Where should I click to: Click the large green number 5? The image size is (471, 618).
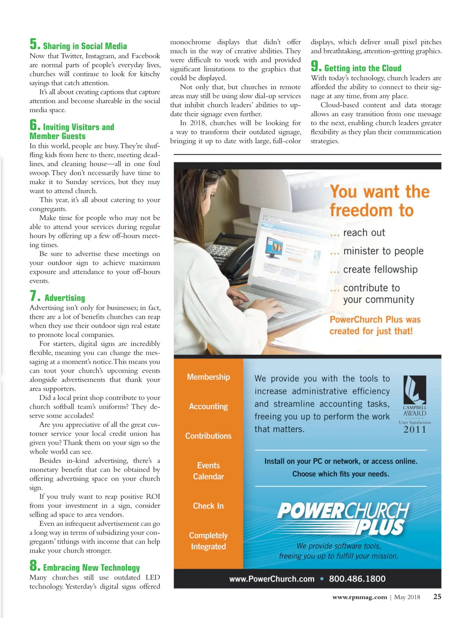[34, 44]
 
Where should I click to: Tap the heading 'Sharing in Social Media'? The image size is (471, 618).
[85, 46]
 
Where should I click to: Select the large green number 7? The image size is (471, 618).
[34, 295]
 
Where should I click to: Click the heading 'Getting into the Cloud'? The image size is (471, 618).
[363, 68]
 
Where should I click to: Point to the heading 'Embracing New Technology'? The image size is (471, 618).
[91, 568]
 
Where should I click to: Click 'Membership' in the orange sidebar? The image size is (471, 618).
[208, 377]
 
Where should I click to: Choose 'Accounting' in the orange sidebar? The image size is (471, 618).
[208, 407]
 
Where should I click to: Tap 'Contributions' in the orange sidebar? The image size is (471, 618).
[208, 436]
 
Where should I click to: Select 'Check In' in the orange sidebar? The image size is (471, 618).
[208, 506]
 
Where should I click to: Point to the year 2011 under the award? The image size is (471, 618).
[414, 430]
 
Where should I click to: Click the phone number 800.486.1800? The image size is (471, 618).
[357, 579]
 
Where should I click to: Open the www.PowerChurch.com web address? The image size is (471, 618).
[272, 579]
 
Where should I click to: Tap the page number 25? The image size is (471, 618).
[437, 597]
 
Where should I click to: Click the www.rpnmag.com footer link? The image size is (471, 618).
[360, 597]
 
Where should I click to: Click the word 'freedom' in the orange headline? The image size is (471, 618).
[361, 210]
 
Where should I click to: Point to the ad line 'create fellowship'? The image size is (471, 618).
[380, 270]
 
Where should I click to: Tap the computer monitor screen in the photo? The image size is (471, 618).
[288, 251]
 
